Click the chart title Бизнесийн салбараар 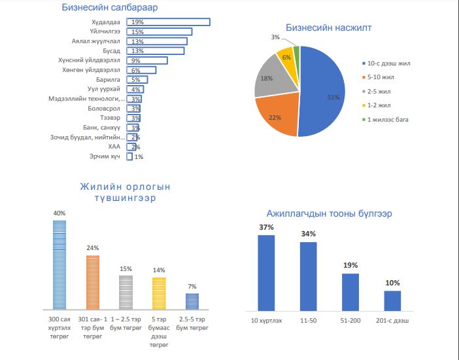coord(110,8)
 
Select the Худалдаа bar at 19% coord(168,22)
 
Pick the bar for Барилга coord(137,80)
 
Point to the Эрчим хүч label coord(105,157)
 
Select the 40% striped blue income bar coord(59,264)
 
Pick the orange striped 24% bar coord(92,282)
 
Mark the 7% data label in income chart coord(192,286)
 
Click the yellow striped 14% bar coord(159,293)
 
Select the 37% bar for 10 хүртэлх coord(266,272)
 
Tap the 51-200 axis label coord(350,320)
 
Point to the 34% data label coord(309,234)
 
